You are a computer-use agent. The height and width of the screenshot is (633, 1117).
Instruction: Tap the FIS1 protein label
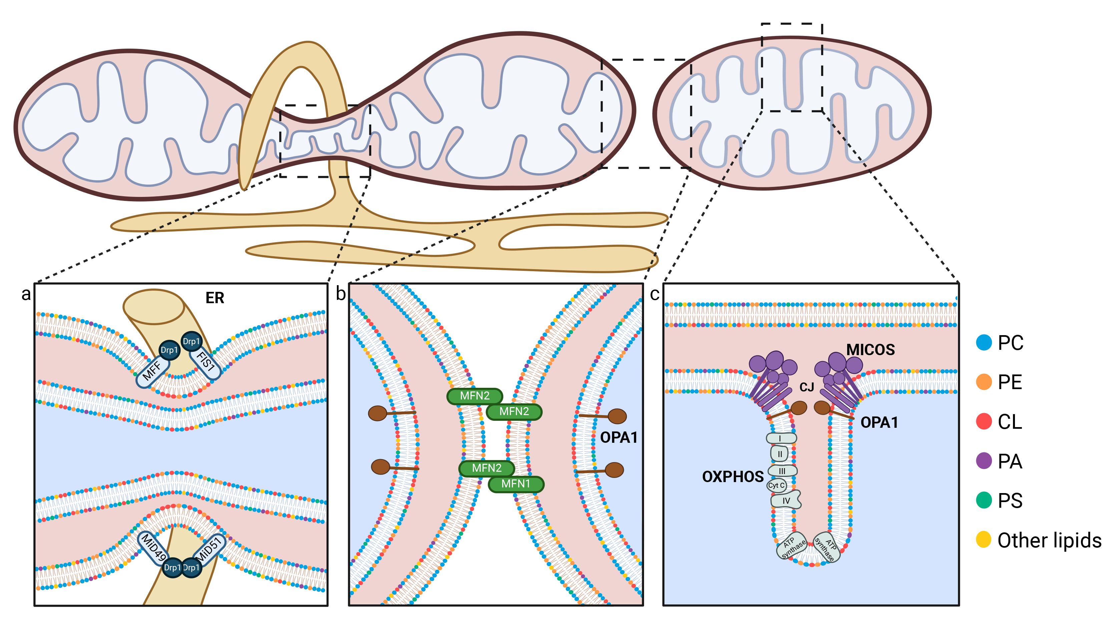205,361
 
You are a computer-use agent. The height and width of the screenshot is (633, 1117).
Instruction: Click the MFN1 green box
516,484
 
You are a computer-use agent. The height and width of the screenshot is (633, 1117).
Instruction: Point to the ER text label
214,298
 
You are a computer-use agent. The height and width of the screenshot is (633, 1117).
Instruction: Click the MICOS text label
870,349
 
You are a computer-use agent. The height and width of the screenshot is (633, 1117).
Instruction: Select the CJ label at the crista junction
806,387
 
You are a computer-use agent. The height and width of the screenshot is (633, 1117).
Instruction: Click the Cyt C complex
776,485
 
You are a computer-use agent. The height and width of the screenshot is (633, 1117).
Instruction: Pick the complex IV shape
786,500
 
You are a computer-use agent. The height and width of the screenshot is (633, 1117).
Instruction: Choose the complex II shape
780,454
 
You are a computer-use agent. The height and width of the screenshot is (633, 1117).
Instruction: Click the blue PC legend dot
984,342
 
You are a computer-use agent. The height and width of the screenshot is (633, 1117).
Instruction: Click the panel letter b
341,294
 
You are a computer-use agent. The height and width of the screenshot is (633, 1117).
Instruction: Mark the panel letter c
654,294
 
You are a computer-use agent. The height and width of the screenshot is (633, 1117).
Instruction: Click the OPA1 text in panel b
619,437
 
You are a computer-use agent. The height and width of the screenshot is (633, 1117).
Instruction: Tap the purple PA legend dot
984,461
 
